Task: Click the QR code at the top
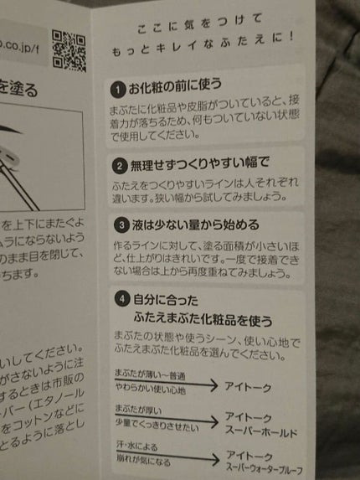coord(69,49)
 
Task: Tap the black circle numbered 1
coord(119,88)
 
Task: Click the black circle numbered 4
coord(119,297)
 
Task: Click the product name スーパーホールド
coord(261,433)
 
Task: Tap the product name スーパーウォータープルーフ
coord(265,469)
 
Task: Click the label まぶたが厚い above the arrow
coord(137,410)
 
